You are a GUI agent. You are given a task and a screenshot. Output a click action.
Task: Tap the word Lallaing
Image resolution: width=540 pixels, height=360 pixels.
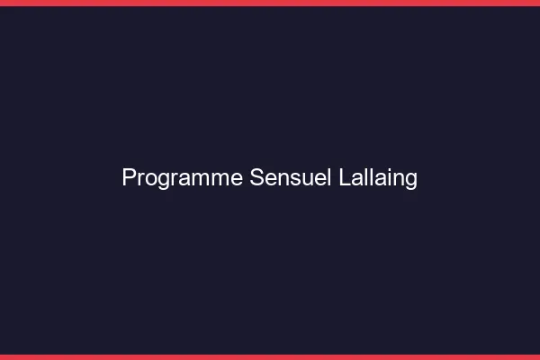(x=379, y=178)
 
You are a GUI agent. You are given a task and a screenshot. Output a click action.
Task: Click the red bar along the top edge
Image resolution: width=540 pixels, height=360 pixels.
(x=270, y=3)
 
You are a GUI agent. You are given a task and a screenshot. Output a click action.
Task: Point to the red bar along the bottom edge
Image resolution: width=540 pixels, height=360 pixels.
(x=270, y=356)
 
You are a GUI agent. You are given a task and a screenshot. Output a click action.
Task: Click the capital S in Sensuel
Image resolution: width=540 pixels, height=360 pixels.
(x=256, y=178)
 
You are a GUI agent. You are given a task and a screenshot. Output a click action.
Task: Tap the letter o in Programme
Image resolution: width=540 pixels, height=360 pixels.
(x=147, y=179)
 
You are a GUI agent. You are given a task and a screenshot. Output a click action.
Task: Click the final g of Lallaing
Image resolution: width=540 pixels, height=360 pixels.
(x=411, y=181)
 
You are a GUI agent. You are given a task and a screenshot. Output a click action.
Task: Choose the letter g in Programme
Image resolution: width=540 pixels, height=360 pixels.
(x=159, y=181)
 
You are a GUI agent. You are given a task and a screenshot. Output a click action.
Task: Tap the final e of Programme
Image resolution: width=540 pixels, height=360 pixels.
(x=237, y=179)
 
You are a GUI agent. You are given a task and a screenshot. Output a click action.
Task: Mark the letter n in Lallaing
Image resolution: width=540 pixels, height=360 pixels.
(x=399, y=179)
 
